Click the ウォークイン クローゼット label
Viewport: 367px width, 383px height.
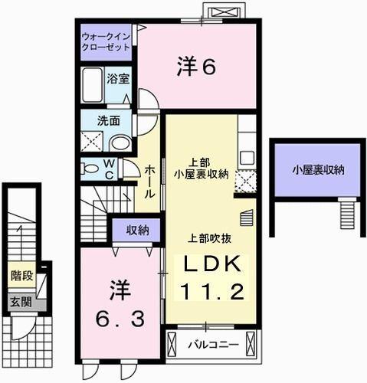coord(106,41)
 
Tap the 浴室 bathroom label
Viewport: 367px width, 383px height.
coord(117,78)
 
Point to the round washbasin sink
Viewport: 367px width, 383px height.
coord(120,142)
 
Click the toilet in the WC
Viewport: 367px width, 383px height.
coord(90,169)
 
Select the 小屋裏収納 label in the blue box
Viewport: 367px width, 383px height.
coord(316,169)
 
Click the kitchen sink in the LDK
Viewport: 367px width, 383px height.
coord(247,158)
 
